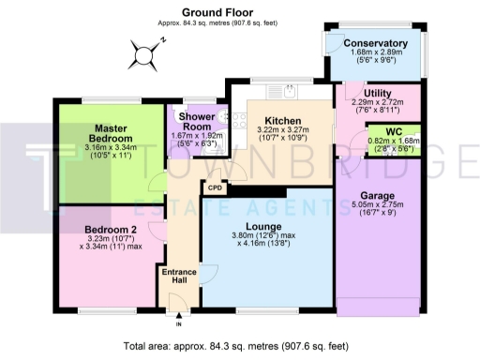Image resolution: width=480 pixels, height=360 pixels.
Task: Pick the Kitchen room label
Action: point(281,121)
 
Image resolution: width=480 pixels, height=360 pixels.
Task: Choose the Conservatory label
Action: point(375,43)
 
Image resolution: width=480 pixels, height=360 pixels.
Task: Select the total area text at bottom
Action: point(240,346)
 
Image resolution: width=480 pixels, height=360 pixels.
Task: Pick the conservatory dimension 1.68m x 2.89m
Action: point(376,54)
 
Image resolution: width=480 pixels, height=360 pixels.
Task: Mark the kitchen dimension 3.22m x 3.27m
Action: point(281,132)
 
